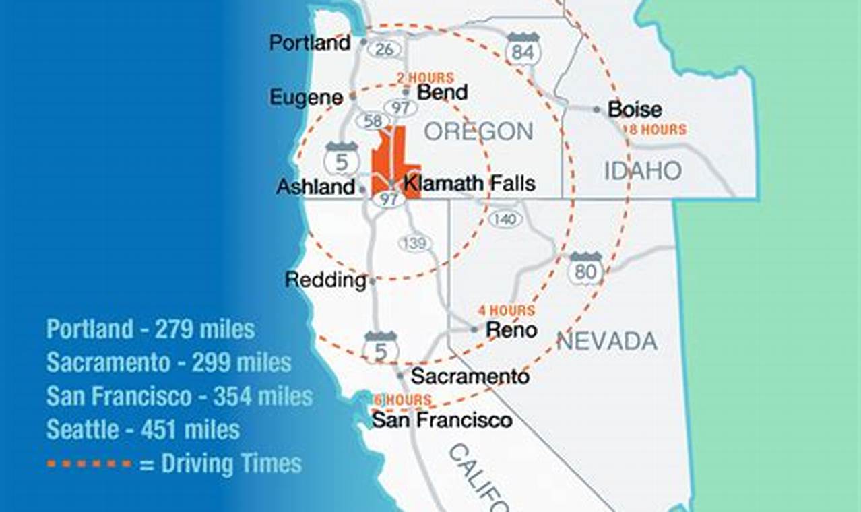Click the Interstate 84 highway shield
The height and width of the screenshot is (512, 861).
[x=523, y=49]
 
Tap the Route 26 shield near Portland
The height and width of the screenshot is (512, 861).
[x=385, y=49]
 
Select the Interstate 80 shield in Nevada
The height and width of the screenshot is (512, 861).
[x=585, y=268]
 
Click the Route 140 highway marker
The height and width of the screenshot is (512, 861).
[x=503, y=219]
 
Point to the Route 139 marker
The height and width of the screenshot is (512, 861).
[x=414, y=243]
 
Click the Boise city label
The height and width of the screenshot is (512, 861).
[x=635, y=110]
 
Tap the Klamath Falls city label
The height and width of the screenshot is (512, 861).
[x=469, y=183]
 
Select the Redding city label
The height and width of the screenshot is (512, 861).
[x=325, y=280]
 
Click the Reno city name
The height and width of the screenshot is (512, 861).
[x=512, y=330]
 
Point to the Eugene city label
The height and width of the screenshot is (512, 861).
[x=306, y=98]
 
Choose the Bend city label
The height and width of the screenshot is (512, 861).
[x=442, y=92]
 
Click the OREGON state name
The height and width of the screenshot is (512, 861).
[x=478, y=131]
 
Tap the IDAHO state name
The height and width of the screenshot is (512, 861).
[x=642, y=170]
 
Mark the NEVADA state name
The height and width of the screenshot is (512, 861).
[x=607, y=342]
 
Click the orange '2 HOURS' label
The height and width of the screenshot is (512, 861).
[x=425, y=78]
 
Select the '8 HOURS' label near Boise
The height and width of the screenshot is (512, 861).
[x=657, y=129]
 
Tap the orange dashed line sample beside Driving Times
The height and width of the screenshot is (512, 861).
[x=90, y=464]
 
